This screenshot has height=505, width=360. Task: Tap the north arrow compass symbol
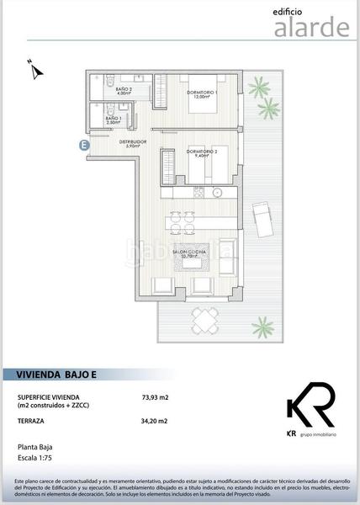[x=34, y=69]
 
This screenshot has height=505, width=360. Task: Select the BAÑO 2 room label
[x=124, y=90]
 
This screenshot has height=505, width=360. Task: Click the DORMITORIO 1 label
[x=202, y=93]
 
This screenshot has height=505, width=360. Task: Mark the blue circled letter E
[x=84, y=146]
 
